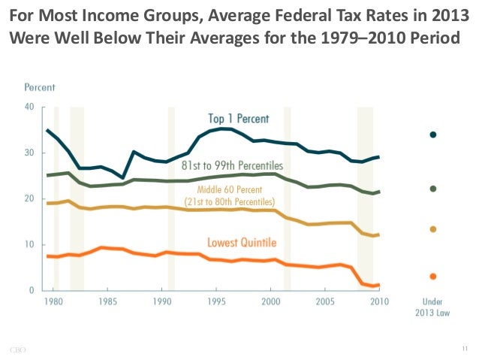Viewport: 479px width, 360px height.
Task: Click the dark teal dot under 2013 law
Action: pyautogui.click(x=432, y=135)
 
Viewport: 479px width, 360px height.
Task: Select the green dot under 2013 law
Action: pyautogui.click(x=432, y=189)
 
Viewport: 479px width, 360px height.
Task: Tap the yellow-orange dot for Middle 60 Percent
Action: pyautogui.click(x=432, y=229)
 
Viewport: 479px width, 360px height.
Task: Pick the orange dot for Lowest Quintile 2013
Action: pyautogui.click(x=432, y=277)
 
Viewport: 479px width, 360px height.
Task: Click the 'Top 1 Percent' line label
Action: pyautogui.click(x=238, y=119)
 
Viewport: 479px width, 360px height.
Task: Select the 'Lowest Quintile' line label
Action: pyautogui.click(x=241, y=242)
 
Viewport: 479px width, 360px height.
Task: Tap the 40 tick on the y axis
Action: pyautogui.click(x=29, y=107)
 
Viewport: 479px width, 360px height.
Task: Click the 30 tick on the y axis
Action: pyautogui.click(x=29, y=153)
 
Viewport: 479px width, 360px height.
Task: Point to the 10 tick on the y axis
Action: pyautogui.click(x=29, y=245)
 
